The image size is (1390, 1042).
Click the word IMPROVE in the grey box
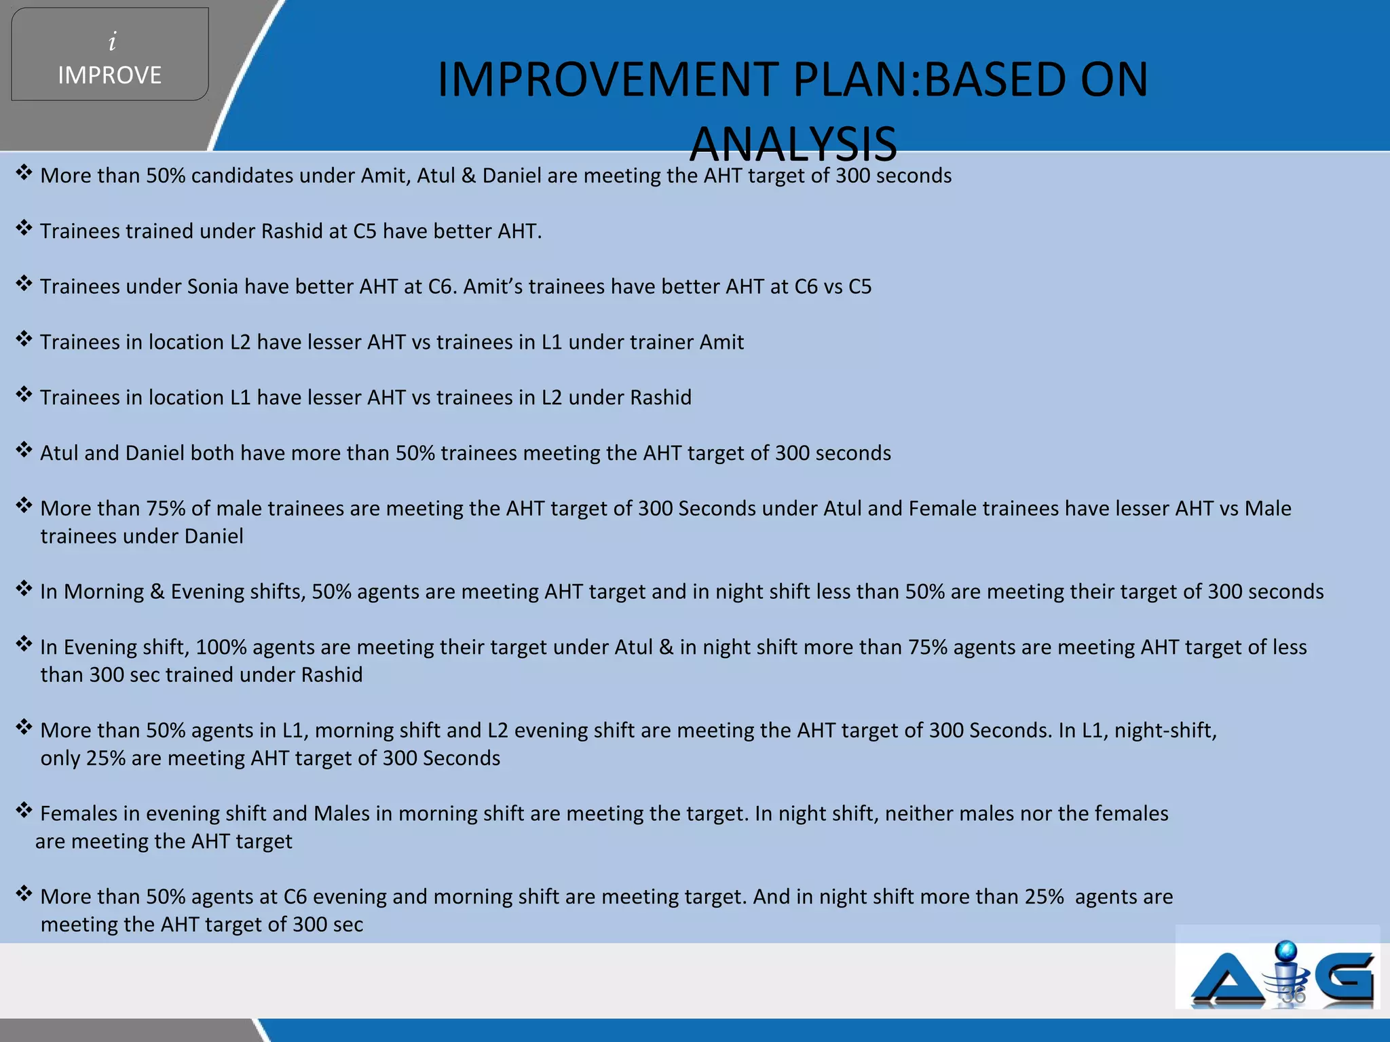click(110, 75)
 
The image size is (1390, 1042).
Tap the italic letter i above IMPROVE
click(113, 42)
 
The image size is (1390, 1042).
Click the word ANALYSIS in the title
click(793, 144)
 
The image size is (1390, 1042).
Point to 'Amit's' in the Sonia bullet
click(493, 287)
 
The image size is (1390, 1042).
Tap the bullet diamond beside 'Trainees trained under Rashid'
click(24, 228)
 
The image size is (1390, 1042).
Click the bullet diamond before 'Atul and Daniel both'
click(24, 450)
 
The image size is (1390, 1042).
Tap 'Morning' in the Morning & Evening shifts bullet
click(104, 592)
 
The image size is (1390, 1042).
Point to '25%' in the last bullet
click(1044, 897)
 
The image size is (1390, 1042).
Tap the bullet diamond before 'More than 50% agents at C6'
click(24, 893)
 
